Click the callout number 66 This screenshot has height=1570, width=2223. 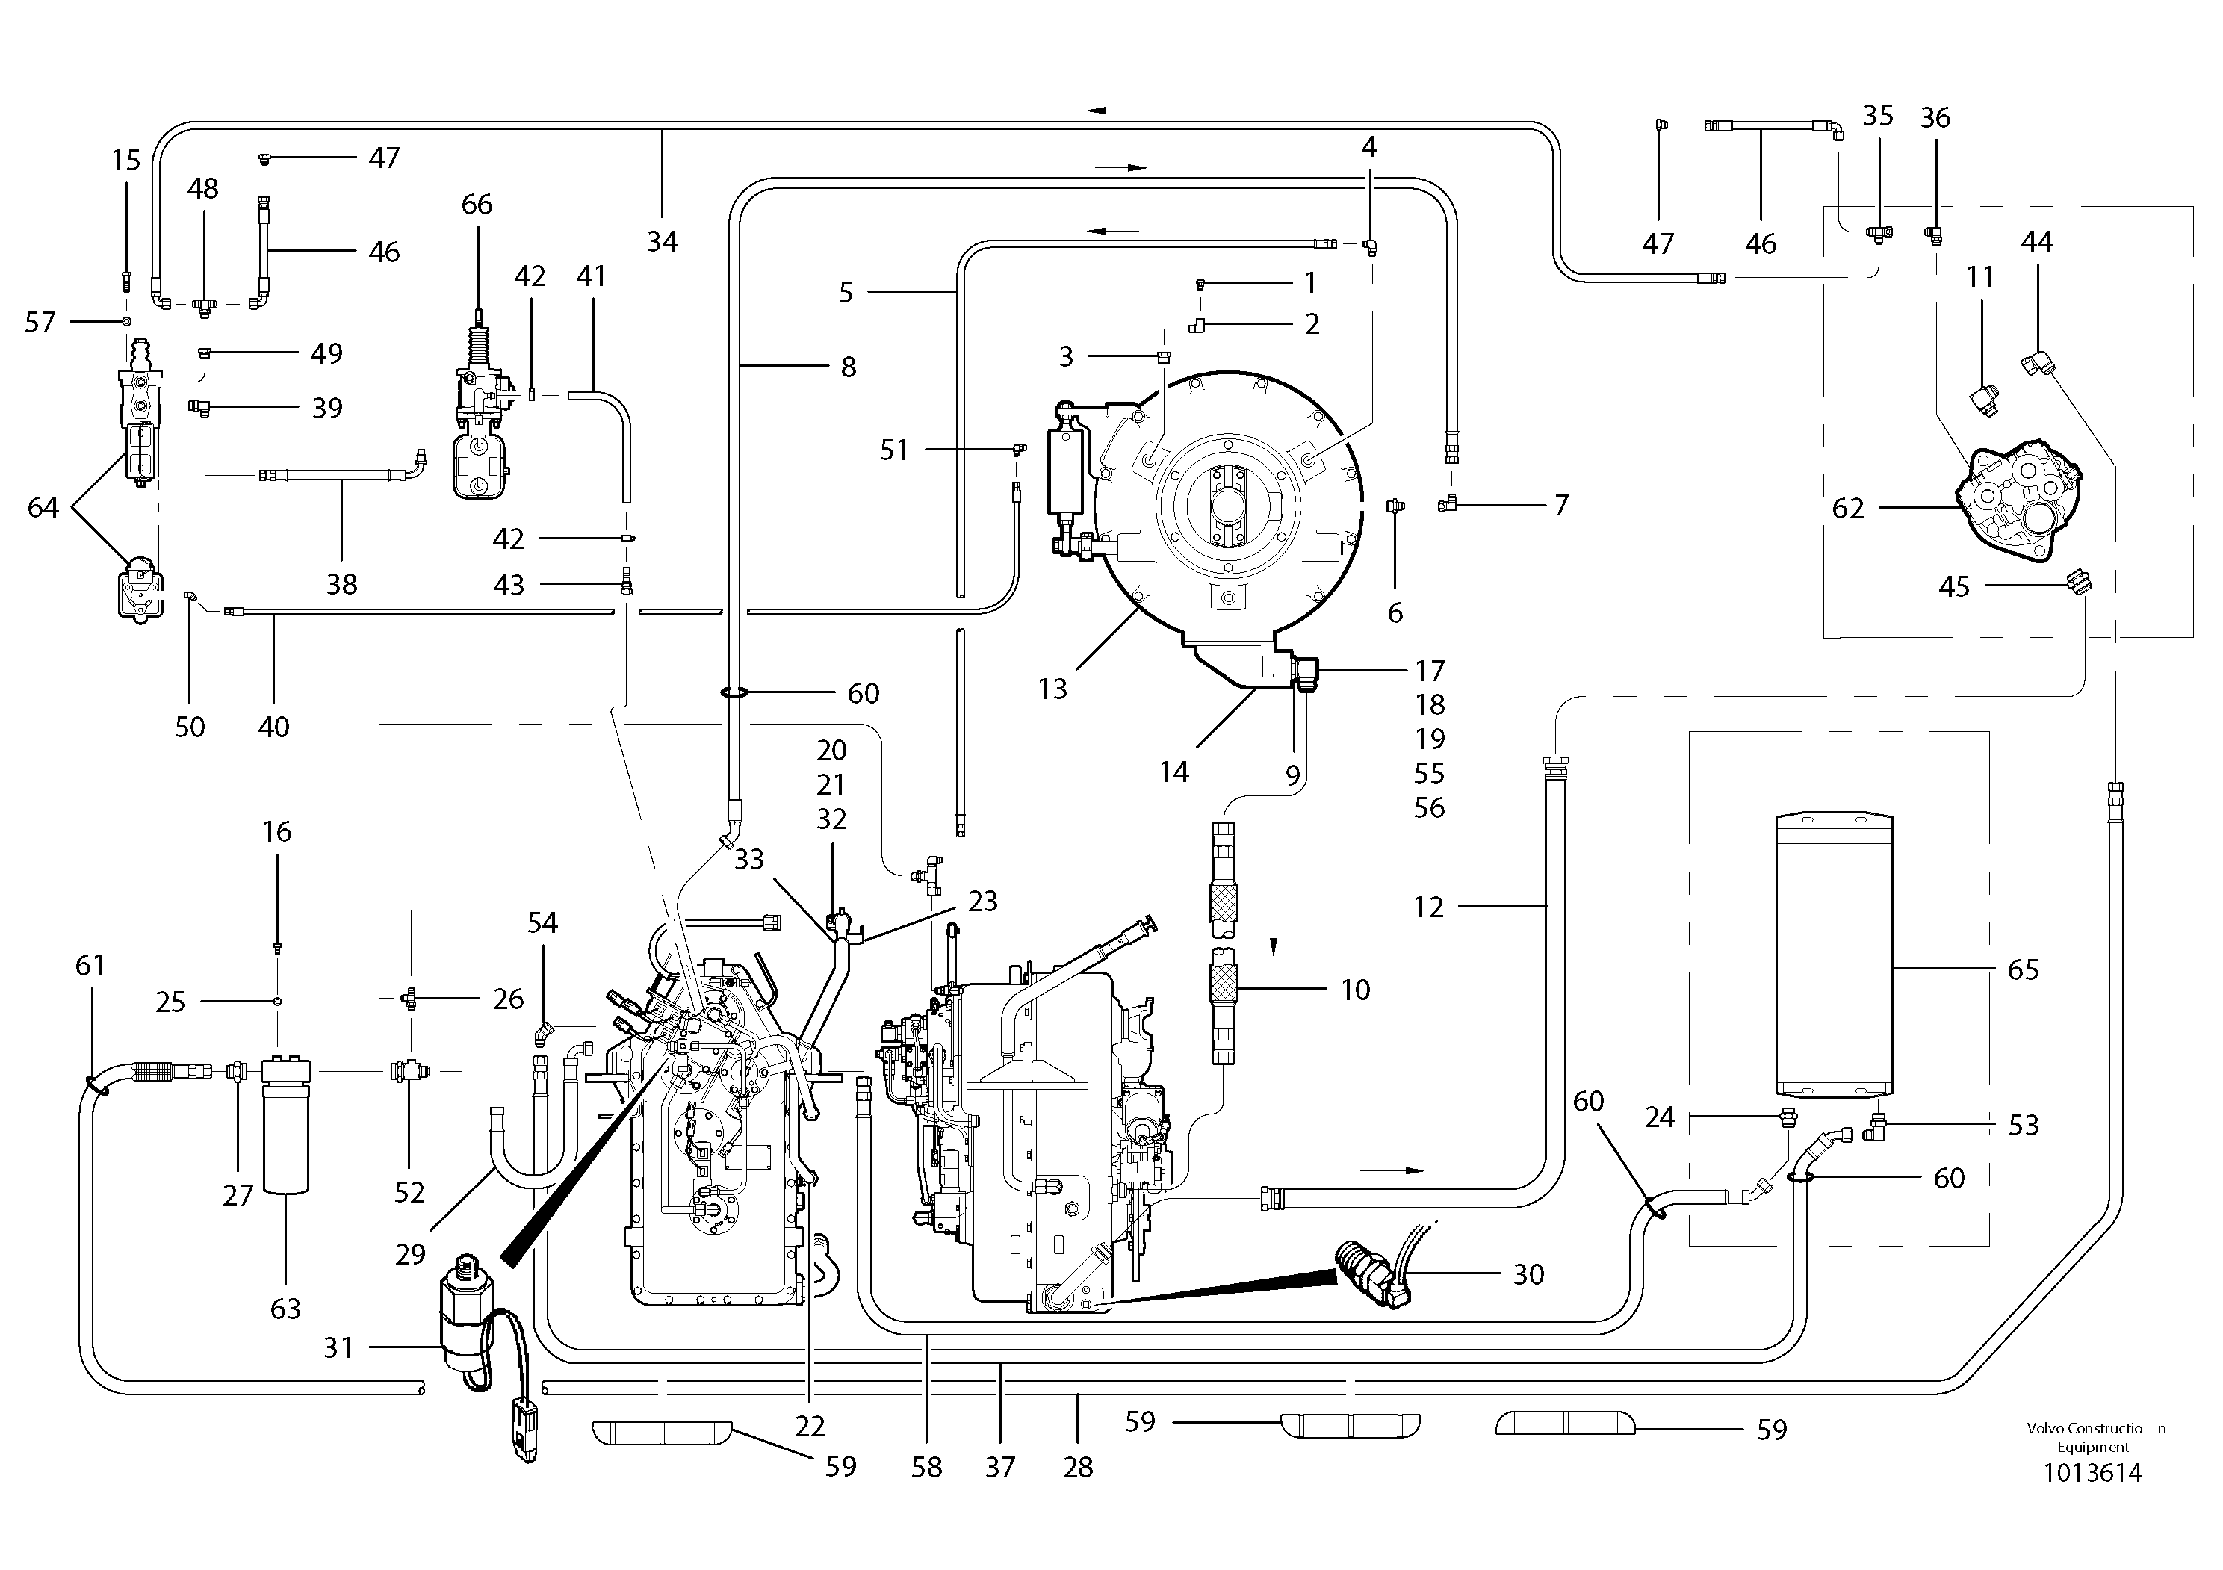[x=477, y=204]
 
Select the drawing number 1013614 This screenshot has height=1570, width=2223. [x=2092, y=1473]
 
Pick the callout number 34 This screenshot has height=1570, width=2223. [x=663, y=241]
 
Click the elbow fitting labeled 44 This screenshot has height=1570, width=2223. [x=2036, y=366]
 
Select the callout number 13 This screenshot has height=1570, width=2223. [x=1052, y=689]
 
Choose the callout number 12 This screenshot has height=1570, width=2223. [x=1428, y=907]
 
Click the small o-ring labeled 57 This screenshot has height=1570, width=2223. [x=126, y=320]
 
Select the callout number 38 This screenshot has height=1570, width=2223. [x=342, y=583]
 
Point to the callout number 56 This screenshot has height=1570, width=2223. [x=1429, y=807]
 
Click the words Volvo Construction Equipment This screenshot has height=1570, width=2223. [x=2095, y=1436]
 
